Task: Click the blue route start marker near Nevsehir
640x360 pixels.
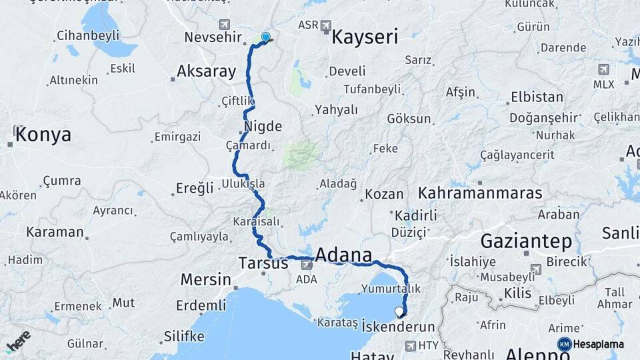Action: [x=265, y=37]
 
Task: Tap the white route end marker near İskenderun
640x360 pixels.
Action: [x=399, y=311]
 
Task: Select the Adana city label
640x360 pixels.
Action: [x=343, y=255]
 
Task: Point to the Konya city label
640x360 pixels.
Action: [x=43, y=135]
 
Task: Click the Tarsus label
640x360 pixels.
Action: [x=263, y=263]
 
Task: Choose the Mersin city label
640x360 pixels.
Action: [x=206, y=279]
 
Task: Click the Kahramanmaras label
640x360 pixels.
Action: [x=480, y=193]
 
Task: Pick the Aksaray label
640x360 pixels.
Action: [x=207, y=72]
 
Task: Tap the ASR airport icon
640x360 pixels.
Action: [x=326, y=25]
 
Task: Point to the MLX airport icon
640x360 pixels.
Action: [x=603, y=69]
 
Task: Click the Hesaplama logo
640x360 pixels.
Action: [x=591, y=344]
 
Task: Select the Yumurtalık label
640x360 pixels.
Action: [x=391, y=289]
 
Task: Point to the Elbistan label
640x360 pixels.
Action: [x=537, y=97]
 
